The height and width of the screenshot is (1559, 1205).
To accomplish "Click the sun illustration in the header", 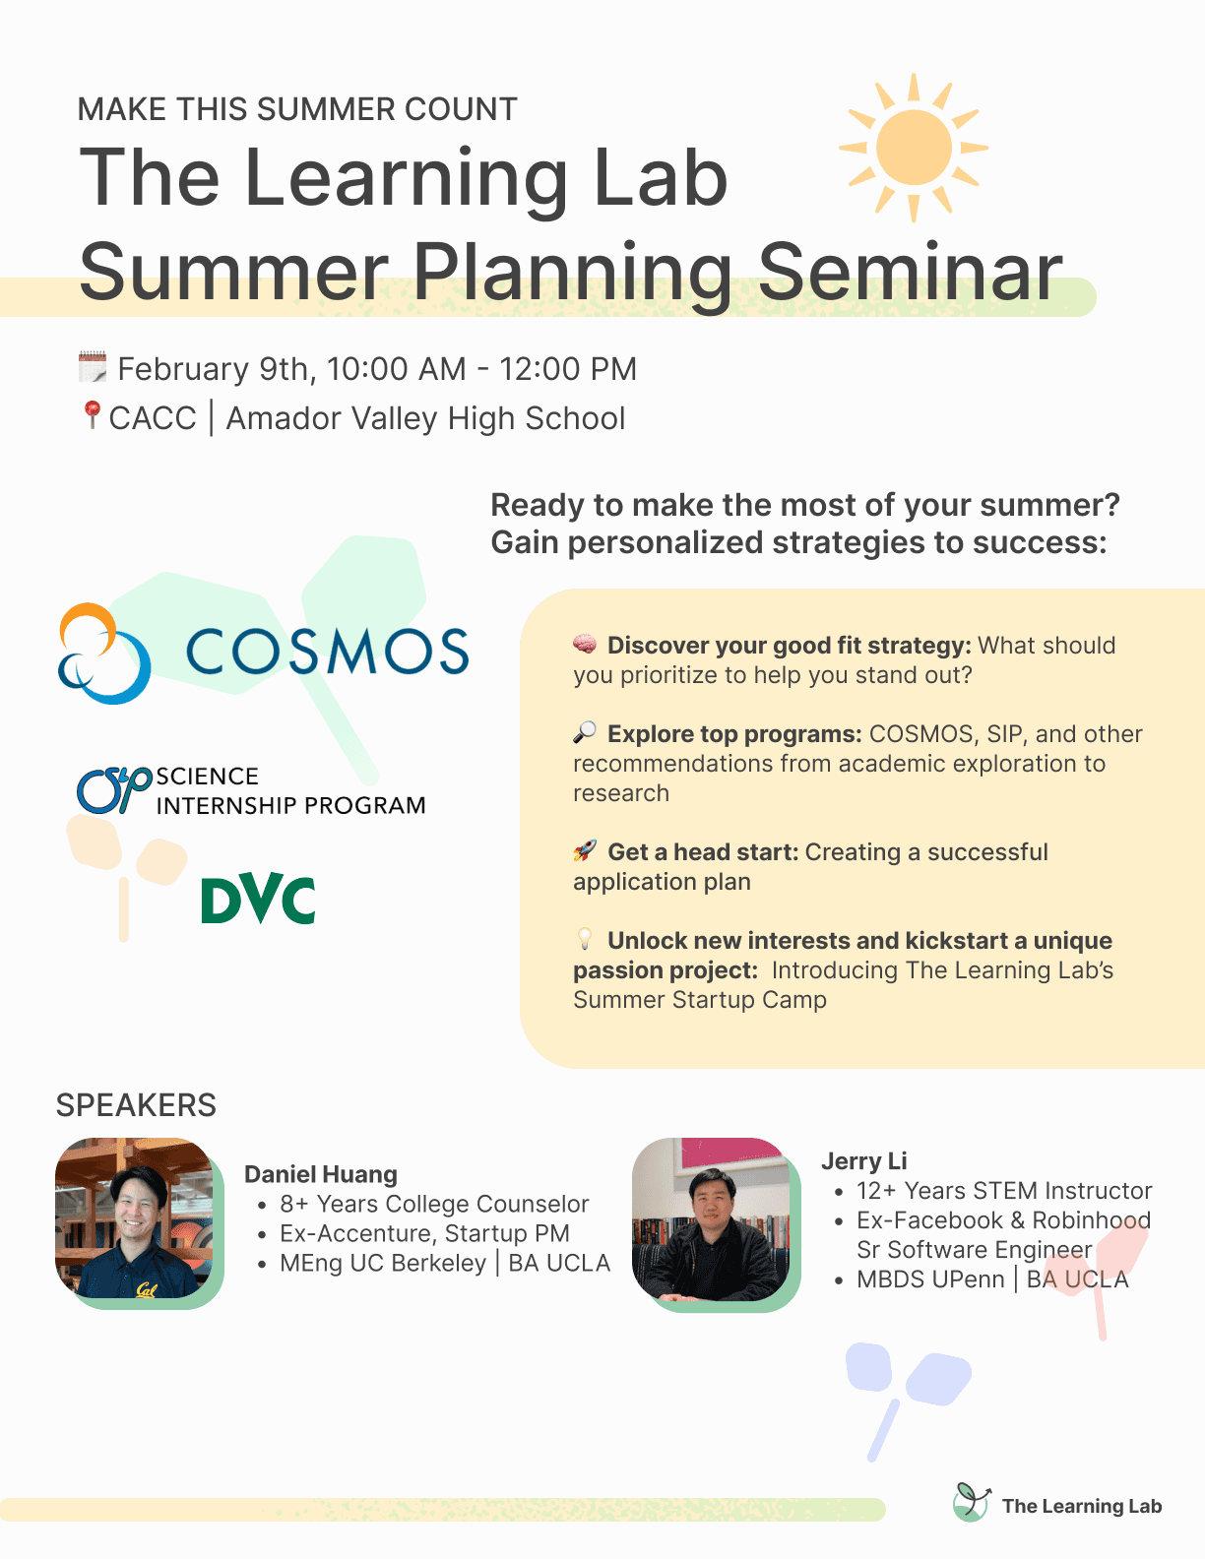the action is [x=913, y=148].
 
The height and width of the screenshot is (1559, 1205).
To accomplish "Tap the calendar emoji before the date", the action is [x=93, y=366].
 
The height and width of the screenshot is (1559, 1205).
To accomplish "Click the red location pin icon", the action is [x=92, y=414].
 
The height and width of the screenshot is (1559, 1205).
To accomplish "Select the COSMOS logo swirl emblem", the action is [x=104, y=653].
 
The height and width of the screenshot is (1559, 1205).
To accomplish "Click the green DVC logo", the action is [x=258, y=899].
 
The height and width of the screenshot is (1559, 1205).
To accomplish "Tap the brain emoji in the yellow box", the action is [x=585, y=644].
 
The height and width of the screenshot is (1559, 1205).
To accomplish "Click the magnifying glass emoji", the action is [x=585, y=732].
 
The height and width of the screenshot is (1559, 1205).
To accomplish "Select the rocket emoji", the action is [x=585, y=850].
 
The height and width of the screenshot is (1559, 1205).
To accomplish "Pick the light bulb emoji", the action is [x=585, y=938].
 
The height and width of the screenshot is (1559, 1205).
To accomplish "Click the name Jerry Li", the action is [x=864, y=1160].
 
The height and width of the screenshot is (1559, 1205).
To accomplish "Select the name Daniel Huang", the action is [x=321, y=1174].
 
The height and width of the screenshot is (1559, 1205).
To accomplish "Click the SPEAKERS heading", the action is [x=137, y=1105].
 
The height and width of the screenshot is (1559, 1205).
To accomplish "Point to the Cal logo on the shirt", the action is [x=147, y=1289].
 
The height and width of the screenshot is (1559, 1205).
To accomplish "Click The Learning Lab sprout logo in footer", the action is [x=971, y=1502].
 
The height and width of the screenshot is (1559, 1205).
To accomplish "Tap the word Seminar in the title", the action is [x=910, y=272].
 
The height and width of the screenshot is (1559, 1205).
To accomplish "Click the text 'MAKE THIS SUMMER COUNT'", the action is [x=297, y=109].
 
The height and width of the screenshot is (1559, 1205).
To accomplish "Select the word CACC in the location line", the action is [x=153, y=417].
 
